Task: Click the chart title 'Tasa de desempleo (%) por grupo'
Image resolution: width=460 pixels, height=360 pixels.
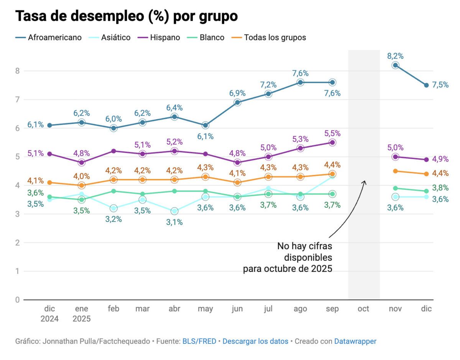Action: click(x=127, y=16)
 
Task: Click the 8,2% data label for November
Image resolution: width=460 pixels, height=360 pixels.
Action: click(x=395, y=56)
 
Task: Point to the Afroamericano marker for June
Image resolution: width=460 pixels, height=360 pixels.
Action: click(x=237, y=102)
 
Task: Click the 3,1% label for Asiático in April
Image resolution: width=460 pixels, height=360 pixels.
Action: click(x=174, y=222)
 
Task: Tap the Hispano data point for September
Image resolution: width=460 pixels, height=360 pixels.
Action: click(x=332, y=143)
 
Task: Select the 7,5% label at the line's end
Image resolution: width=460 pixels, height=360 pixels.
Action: click(x=440, y=85)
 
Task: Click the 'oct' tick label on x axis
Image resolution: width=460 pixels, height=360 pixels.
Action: click(x=363, y=309)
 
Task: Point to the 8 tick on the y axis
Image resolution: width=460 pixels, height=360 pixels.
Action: click(x=17, y=71)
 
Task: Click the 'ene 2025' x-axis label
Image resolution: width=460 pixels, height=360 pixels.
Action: click(x=81, y=314)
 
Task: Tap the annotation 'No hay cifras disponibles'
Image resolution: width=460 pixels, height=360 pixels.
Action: click(x=305, y=252)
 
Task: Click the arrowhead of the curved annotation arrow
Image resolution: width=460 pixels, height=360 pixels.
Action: click(x=365, y=182)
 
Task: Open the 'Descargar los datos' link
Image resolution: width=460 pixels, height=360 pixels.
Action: click(x=255, y=341)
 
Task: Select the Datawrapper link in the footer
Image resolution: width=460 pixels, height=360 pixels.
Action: click(x=355, y=341)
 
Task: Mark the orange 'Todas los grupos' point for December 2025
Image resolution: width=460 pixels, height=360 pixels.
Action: click(x=426, y=174)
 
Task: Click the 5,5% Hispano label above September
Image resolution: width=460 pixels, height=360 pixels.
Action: click(x=332, y=133)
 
